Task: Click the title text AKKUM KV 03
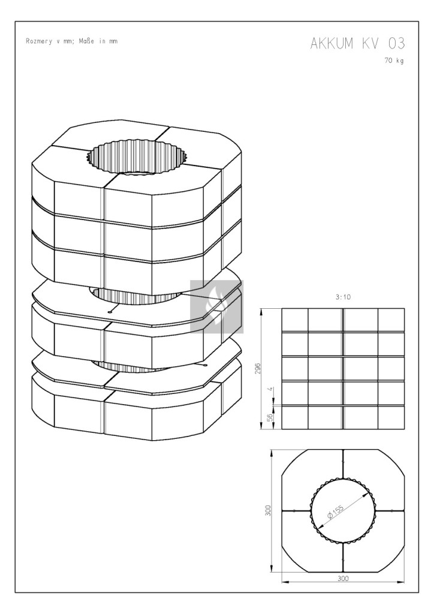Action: [x=357, y=43]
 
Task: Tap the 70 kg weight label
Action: [x=394, y=61]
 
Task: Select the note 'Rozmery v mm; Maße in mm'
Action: [x=71, y=41]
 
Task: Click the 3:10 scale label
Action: [x=343, y=297]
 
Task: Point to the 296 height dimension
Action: [x=258, y=369]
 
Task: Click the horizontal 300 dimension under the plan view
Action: [x=343, y=579]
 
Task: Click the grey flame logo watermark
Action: [x=217, y=306]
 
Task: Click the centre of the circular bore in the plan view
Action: [x=343, y=511]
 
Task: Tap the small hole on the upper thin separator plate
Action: [x=110, y=312]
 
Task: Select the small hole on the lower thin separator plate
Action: [x=204, y=365]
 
